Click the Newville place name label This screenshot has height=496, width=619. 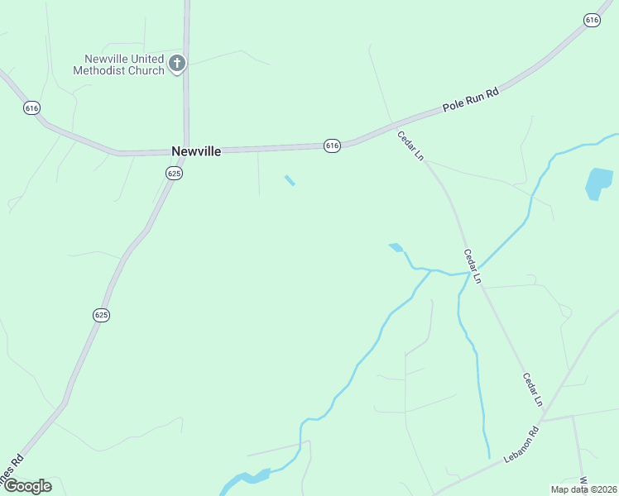click(195, 151)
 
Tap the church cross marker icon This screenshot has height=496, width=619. click(176, 63)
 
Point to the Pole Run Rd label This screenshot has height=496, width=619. click(471, 103)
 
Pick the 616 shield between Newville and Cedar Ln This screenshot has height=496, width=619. click(332, 145)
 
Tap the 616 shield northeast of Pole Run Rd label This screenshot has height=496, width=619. click(592, 20)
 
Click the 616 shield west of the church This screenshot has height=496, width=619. click(32, 108)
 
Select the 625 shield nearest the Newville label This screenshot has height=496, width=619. click(173, 173)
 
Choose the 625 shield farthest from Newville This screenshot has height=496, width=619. click(101, 315)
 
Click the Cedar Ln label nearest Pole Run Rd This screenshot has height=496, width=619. click(410, 145)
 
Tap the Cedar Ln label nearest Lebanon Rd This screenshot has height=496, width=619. click(532, 389)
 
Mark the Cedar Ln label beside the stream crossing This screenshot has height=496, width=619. click(472, 265)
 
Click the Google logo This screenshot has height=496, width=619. click(27, 485)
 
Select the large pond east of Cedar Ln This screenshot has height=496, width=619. click(598, 183)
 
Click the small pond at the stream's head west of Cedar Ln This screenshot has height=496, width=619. click(396, 246)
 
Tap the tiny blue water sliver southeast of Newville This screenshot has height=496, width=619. click(290, 180)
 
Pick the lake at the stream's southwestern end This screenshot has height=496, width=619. click(246, 479)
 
